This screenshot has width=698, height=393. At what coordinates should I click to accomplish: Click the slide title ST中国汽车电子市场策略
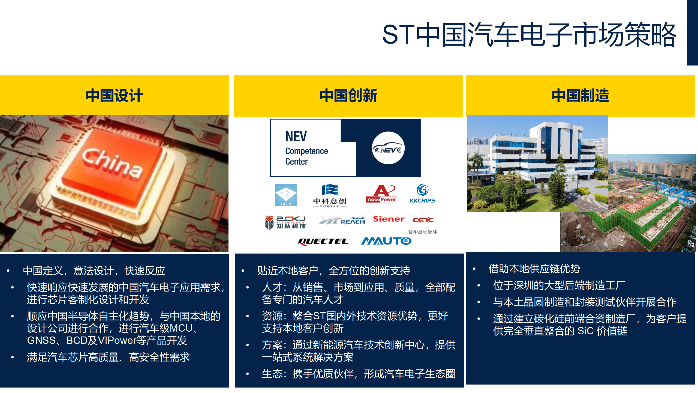click(529, 35)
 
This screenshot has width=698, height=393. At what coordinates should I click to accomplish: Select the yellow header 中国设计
click(114, 96)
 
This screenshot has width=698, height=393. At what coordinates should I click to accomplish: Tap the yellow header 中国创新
click(348, 96)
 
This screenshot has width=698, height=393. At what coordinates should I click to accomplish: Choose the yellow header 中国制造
click(580, 96)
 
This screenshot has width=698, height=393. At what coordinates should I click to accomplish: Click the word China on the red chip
click(112, 163)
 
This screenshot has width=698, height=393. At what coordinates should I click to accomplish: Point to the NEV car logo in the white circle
click(388, 148)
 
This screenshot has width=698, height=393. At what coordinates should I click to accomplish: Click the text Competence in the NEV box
click(306, 151)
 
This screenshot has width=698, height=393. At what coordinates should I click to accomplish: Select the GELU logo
click(286, 195)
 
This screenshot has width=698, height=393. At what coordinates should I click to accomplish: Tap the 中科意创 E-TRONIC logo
click(330, 196)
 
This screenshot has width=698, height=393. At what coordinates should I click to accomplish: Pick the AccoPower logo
click(381, 194)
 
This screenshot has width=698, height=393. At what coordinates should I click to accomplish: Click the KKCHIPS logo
click(422, 193)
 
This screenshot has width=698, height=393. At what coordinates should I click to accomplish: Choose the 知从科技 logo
click(285, 222)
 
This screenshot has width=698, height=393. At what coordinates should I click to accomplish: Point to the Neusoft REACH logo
click(342, 221)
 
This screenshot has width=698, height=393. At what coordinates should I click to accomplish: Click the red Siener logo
click(389, 219)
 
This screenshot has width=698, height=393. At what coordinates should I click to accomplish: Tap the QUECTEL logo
click(323, 242)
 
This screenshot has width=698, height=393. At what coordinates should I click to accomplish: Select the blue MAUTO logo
click(386, 241)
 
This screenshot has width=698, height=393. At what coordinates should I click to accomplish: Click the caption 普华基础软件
click(422, 232)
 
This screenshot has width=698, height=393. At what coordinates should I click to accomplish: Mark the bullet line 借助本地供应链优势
click(534, 269)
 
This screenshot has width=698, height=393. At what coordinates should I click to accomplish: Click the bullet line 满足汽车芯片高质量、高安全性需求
click(108, 357)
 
